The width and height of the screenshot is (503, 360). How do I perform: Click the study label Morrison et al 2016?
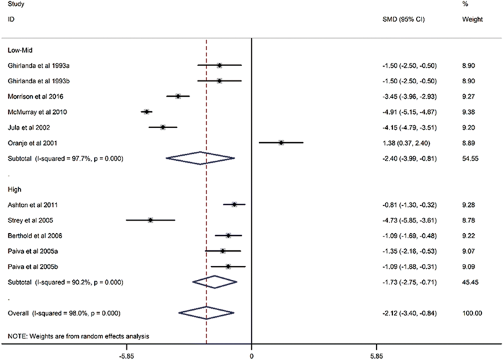36,96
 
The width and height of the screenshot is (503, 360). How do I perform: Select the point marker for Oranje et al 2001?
281,143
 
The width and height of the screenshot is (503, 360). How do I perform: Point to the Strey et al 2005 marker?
150,220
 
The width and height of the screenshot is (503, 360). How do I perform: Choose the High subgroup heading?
15,189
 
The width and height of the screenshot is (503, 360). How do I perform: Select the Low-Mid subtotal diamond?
200,158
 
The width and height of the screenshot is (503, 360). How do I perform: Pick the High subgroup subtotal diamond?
215,282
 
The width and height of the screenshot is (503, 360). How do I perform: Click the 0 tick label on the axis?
251,354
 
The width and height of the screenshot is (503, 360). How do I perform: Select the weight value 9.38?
468,112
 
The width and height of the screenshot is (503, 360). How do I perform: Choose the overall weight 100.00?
472,313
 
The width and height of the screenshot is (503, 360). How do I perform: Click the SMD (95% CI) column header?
403,19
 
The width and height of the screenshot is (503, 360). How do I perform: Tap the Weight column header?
472,19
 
